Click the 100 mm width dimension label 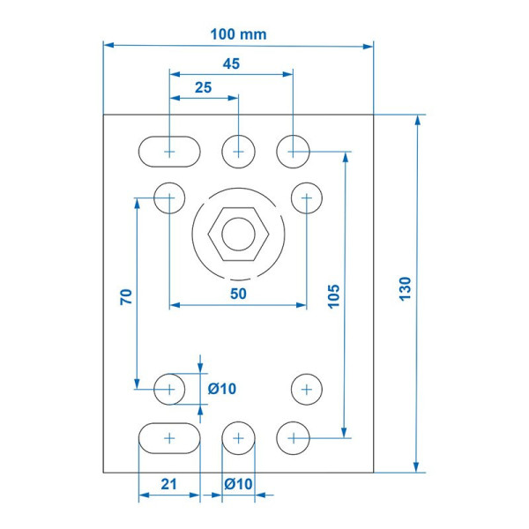pos(238,34)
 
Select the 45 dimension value pos(231,63)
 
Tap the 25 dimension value pos(203,87)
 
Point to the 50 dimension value pos(238,294)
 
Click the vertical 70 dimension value pos(126,297)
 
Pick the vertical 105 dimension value pos(333,296)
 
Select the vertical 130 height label pos(406,289)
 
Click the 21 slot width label pos(168,484)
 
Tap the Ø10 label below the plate pos(238,484)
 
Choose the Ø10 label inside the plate pos(222,389)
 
